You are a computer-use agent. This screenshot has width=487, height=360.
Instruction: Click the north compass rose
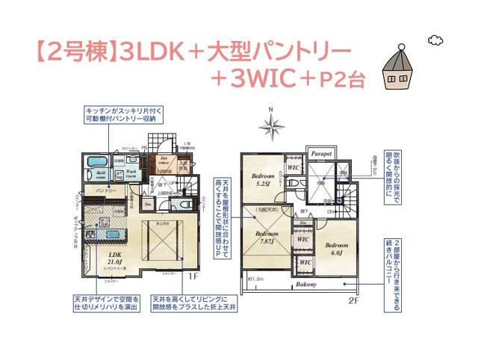coord(273,125)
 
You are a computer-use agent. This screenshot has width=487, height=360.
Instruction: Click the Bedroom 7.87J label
coord(262,238)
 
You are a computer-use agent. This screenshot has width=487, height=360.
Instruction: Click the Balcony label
coord(306,285)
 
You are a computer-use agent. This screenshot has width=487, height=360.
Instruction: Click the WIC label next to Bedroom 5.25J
coord(294,168)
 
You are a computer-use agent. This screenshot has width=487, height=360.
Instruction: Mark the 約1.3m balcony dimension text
coord(257,279)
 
